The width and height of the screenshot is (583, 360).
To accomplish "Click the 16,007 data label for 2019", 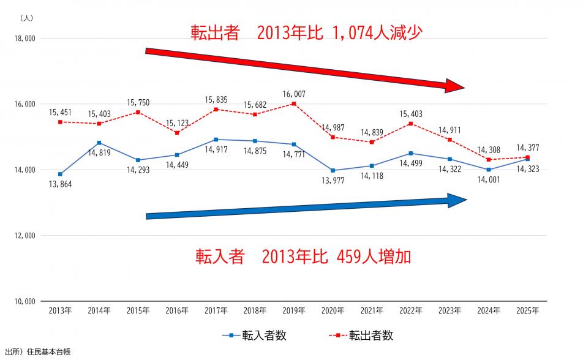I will pyautogui.click(x=294, y=94).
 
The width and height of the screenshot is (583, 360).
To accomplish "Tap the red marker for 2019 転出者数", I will pyautogui.click(x=294, y=103).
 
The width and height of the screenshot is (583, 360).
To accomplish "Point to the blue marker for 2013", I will pyautogui.click(x=60, y=174).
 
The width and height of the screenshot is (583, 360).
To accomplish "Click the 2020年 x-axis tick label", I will pyautogui.click(x=333, y=310).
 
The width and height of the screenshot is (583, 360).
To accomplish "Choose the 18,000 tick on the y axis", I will pyautogui.click(x=23, y=39).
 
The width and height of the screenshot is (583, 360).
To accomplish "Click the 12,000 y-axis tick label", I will pyautogui.click(x=23, y=236).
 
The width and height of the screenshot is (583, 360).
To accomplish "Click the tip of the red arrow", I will pyautogui.click(x=464, y=88).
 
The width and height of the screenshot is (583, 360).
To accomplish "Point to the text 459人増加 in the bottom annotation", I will pyautogui.click(x=374, y=256).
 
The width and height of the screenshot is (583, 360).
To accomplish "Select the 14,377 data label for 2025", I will pyautogui.click(x=528, y=147).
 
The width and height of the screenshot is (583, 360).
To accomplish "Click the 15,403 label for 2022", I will pyautogui.click(x=411, y=114).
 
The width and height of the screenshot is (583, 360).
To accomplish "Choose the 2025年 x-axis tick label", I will pyautogui.click(x=528, y=310).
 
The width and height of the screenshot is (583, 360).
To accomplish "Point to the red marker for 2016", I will pyautogui.click(x=177, y=132).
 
